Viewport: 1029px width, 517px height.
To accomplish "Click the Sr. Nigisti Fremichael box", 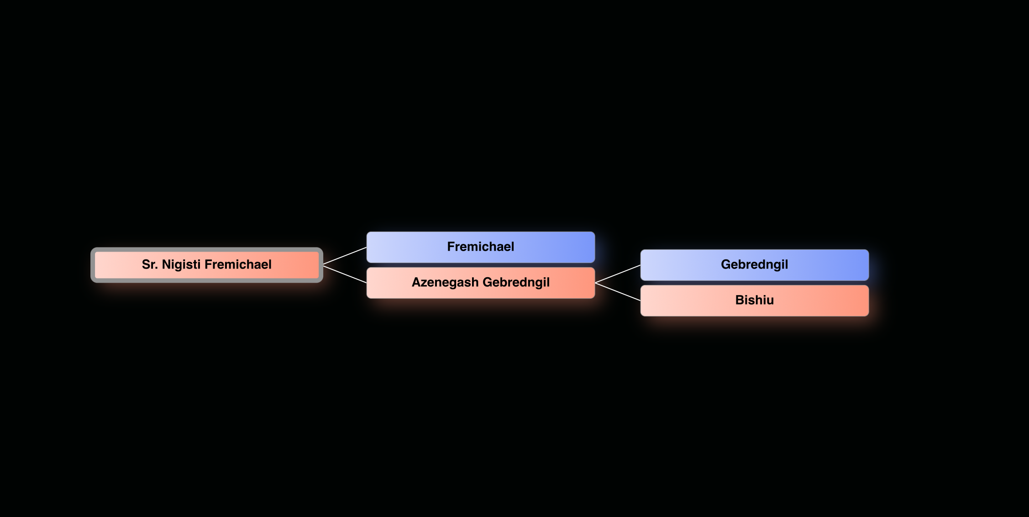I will pyautogui.click(x=206, y=265).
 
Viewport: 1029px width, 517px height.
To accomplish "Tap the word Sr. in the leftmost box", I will pyautogui.click(x=149, y=265).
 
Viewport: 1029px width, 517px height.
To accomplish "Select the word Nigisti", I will pyautogui.click(x=181, y=265).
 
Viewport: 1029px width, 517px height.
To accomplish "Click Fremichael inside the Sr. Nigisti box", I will pyautogui.click(x=238, y=265).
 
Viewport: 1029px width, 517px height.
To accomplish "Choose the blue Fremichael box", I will pyautogui.click(x=480, y=247).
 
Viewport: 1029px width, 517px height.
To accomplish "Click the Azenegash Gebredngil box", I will pyautogui.click(x=480, y=283).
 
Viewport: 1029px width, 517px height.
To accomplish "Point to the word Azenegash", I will pyautogui.click(x=445, y=283).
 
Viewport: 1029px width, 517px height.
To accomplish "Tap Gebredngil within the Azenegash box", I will pyautogui.click(x=516, y=283).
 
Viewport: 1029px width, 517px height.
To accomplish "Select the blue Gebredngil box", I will pyautogui.click(x=754, y=265).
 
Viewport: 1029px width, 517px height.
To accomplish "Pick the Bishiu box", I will pyautogui.click(x=754, y=301).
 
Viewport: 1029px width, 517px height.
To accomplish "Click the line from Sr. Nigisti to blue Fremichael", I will pyautogui.click(x=345, y=256).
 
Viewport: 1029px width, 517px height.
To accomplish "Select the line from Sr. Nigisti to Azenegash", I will pyautogui.click(x=345, y=274).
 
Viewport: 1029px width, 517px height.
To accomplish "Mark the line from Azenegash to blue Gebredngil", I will pyautogui.click(x=618, y=274).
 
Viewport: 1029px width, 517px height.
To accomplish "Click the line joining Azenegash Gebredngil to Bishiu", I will pyautogui.click(x=618, y=292).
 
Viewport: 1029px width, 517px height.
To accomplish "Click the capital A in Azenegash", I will pyautogui.click(x=416, y=283).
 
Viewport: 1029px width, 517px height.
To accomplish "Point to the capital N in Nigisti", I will pyautogui.click(x=167, y=265).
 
